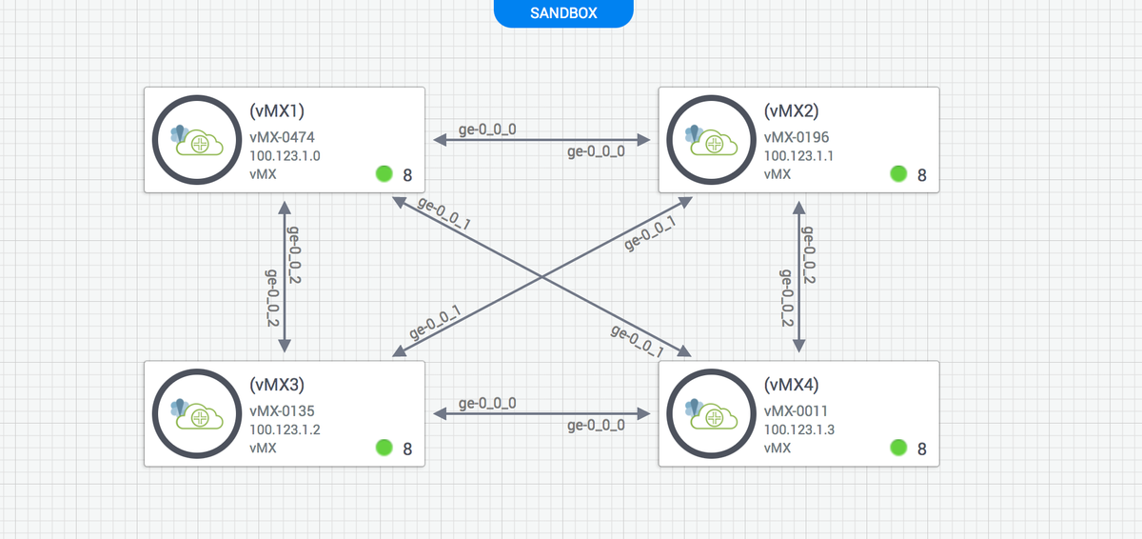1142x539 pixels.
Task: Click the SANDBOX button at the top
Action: click(563, 13)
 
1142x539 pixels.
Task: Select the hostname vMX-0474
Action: click(283, 137)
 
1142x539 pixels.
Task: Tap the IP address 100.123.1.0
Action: click(285, 155)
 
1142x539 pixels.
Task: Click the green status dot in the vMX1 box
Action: click(384, 173)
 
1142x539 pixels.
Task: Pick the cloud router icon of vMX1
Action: click(197, 141)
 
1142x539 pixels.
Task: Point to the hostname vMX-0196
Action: click(797, 137)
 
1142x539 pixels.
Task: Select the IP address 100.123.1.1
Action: click(799, 155)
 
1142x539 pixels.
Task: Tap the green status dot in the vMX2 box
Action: click(898, 173)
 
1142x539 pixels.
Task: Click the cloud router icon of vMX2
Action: click(712, 141)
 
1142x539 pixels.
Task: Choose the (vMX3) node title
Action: click(278, 385)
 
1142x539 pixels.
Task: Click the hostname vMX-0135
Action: click(283, 410)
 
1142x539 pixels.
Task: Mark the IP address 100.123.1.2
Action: click(285, 429)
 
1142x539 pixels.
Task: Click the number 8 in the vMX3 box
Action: click(407, 449)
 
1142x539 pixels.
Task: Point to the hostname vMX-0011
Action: click(796, 410)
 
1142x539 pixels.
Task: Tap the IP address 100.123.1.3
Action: click(799, 429)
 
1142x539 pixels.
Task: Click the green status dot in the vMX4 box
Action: click(898, 447)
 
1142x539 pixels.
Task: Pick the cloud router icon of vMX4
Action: click(712, 414)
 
